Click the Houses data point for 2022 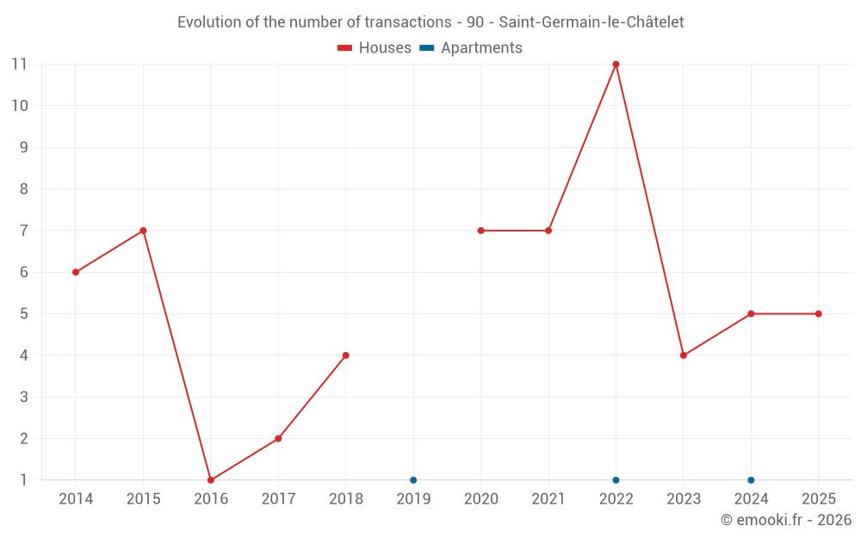coord(616,65)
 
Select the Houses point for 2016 coord(211,480)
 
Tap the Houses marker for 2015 coord(143,231)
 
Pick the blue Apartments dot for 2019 coord(413,480)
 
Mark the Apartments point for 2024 coord(751,480)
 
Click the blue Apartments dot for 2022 coord(616,480)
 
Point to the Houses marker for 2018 coord(345,356)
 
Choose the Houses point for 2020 coord(480,231)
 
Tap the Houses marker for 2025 coord(818,314)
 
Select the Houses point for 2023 coord(684,356)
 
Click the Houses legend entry coord(375,48)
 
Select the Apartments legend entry coord(471,48)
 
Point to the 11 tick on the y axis coord(20,65)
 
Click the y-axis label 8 coord(24,189)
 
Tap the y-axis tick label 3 coord(24,397)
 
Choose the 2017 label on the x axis coord(278,499)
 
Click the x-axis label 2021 coord(548,499)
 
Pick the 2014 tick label coord(76,499)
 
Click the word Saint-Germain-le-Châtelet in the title coord(592,22)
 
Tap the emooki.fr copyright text coord(785,520)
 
